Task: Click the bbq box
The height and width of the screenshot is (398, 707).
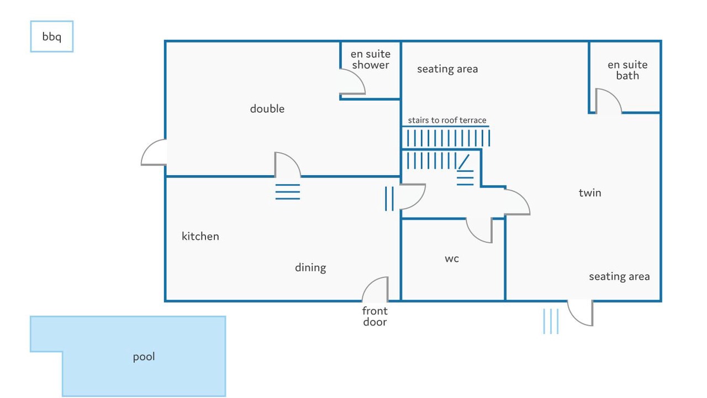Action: (52, 36)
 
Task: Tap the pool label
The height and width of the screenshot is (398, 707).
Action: (144, 357)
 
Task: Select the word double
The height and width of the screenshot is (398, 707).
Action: (267, 109)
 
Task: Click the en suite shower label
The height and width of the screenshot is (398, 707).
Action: (371, 59)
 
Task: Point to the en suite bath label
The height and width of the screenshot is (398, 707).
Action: (627, 70)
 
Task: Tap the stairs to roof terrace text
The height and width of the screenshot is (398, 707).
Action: (447, 120)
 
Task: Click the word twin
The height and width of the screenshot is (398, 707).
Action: (590, 193)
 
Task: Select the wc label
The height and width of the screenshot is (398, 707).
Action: (452, 259)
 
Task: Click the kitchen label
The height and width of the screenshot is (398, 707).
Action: (200, 236)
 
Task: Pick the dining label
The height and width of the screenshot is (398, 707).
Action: (310, 268)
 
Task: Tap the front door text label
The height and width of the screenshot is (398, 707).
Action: (375, 317)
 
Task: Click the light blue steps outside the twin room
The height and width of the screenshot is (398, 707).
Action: (551, 321)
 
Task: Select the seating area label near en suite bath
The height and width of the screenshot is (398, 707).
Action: (447, 69)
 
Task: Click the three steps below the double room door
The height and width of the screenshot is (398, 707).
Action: (288, 192)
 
